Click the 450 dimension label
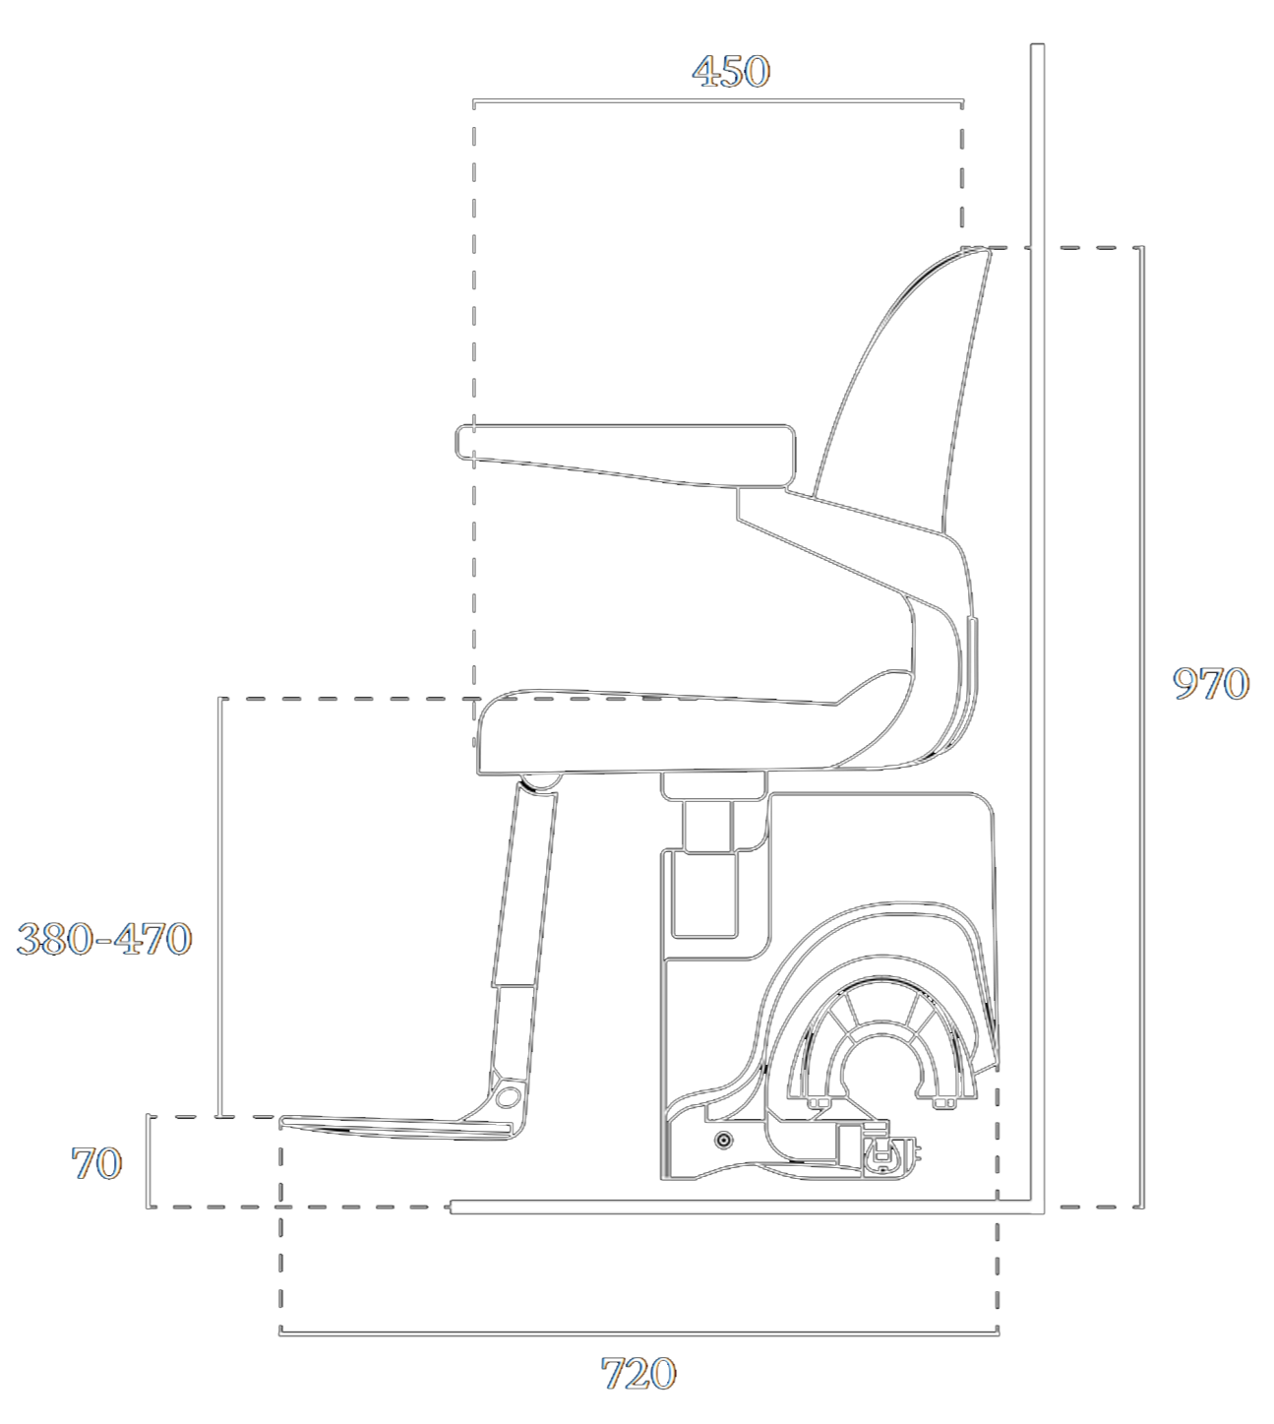pos(731,72)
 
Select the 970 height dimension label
pos(1211,684)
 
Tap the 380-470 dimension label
pos(104,938)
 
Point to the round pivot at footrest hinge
pos(507,1096)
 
